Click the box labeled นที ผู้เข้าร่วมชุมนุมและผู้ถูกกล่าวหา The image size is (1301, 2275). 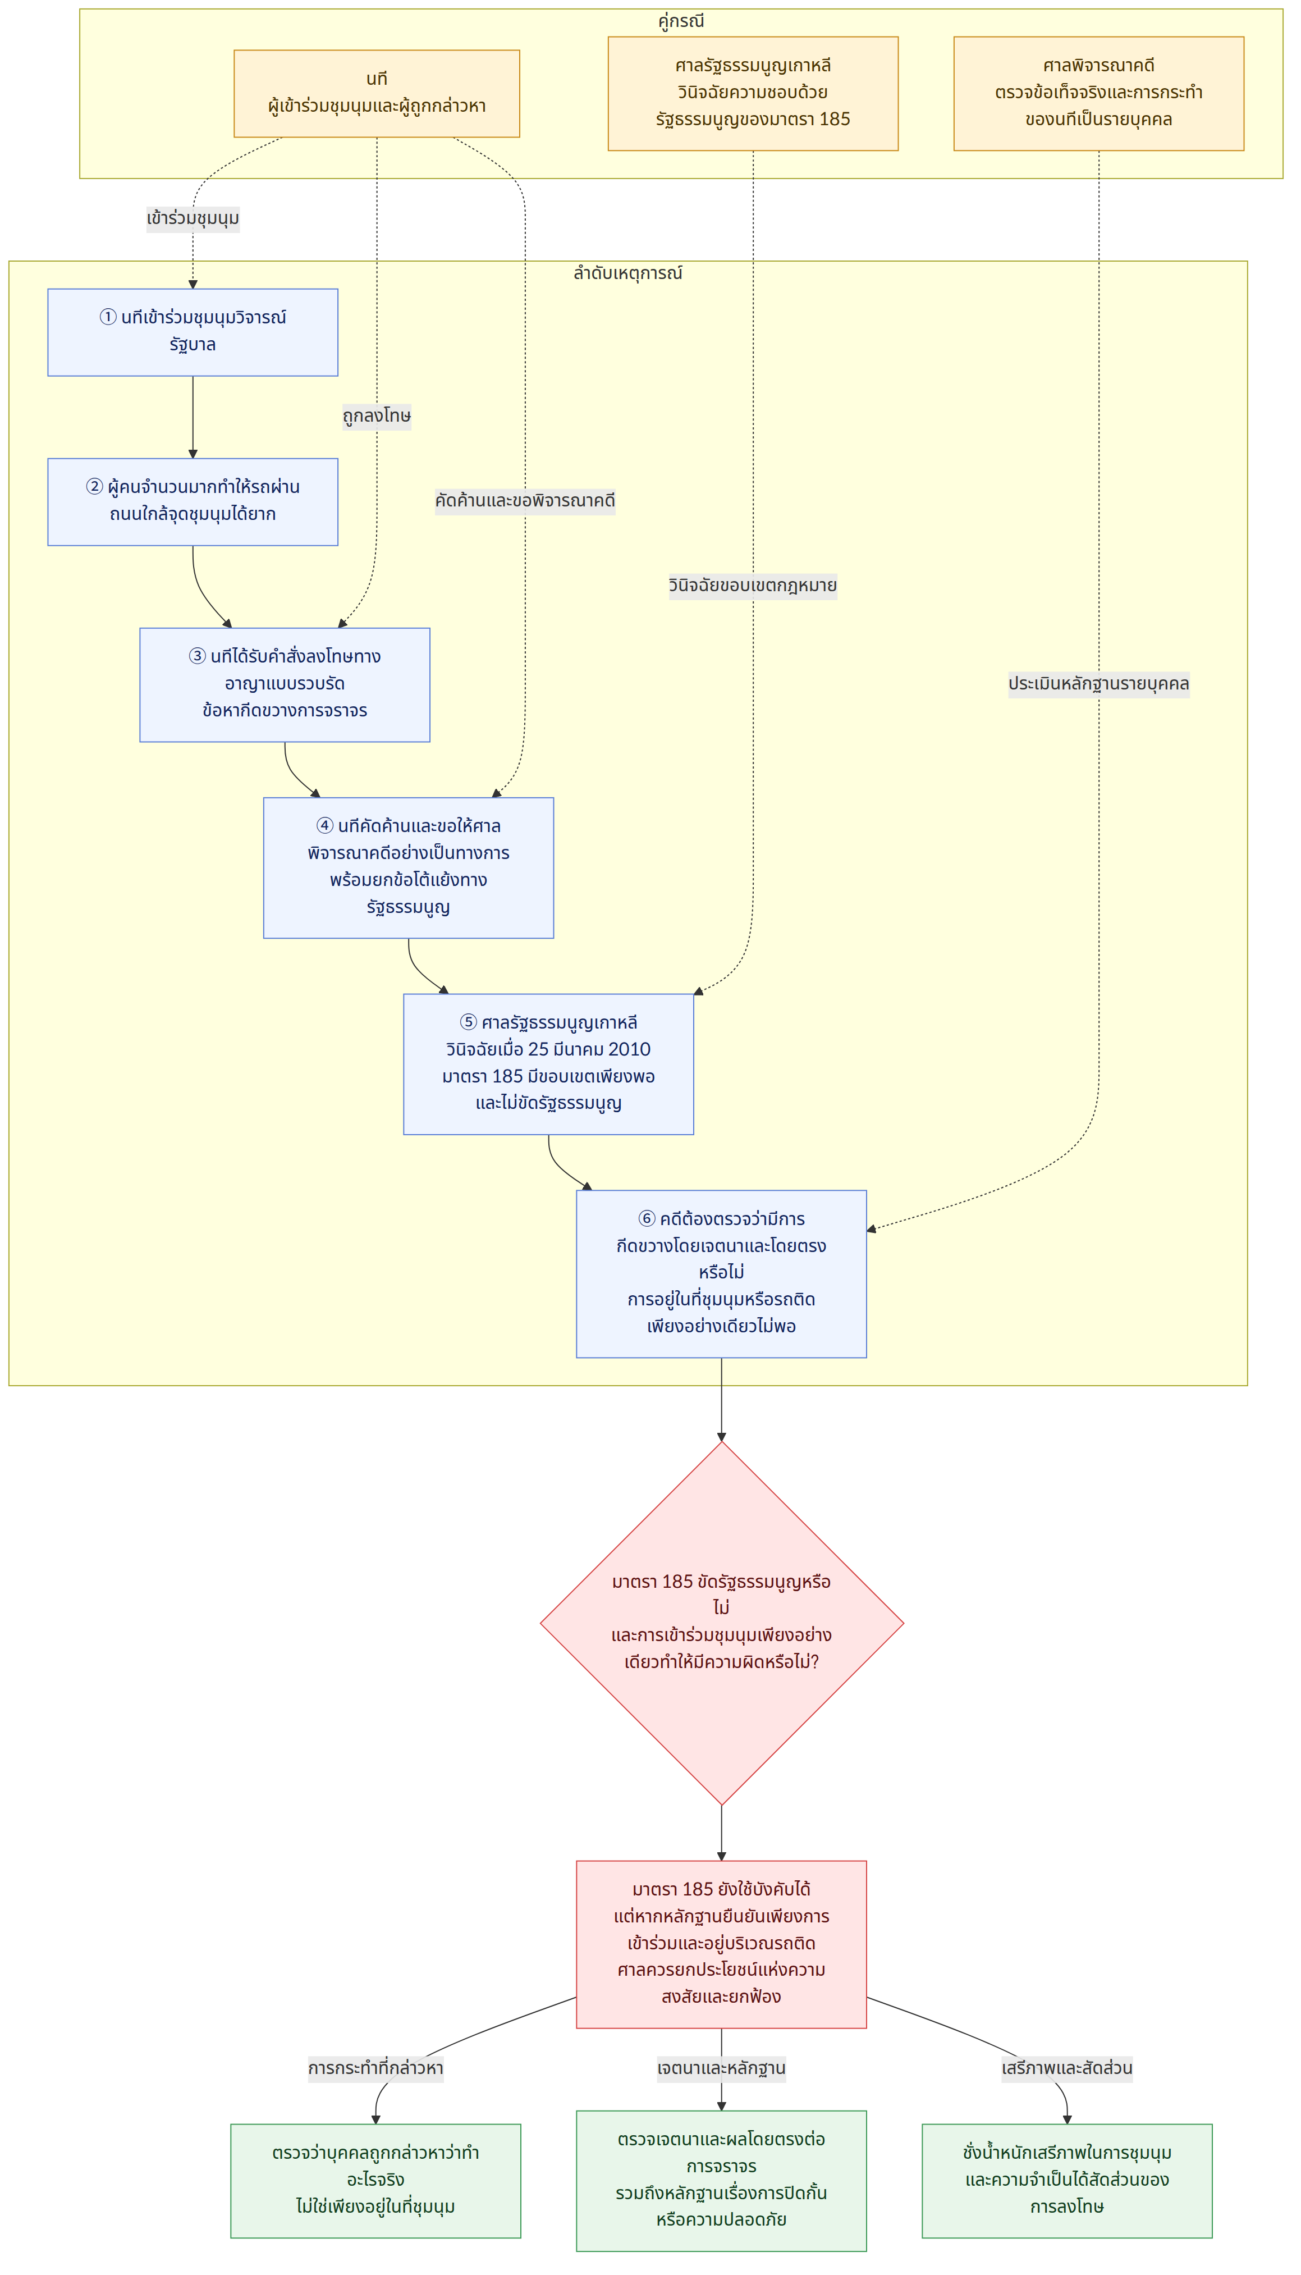coord(376,93)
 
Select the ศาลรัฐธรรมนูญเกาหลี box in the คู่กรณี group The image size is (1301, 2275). coord(752,93)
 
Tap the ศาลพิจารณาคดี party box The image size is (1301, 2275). coord(1098,93)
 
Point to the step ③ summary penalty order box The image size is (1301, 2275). coord(284,684)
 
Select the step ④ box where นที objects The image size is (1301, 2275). coord(409,867)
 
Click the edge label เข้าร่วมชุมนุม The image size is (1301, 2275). coord(193,218)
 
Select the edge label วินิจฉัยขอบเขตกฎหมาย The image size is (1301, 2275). coord(752,585)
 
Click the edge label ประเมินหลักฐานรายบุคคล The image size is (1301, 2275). coord(1098,684)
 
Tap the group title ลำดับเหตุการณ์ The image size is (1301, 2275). coord(627,272)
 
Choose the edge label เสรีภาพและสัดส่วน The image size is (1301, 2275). coord(1067,2068)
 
